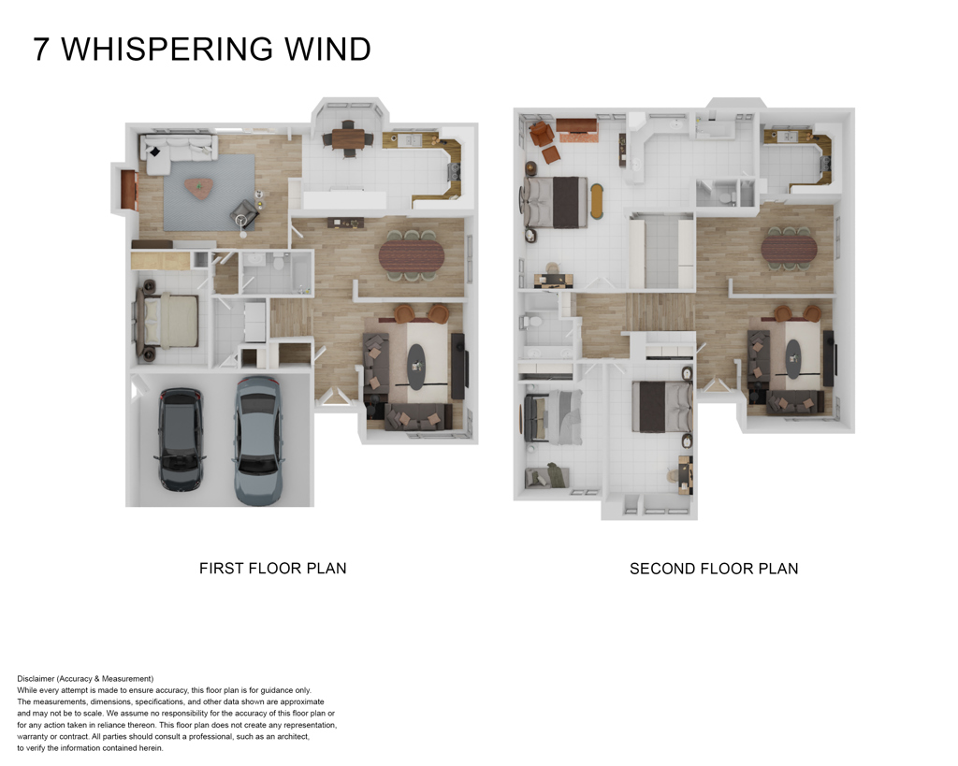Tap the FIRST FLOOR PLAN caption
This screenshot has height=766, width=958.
(272, 568)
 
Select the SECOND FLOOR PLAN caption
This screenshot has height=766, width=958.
(714, 568)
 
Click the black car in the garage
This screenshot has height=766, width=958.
(181, 439)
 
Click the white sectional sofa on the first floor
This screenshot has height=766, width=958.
(173, 150)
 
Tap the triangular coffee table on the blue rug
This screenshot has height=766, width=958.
(198, 187)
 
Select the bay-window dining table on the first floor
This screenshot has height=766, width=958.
(347, 139)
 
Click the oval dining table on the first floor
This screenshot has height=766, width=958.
(413, 253)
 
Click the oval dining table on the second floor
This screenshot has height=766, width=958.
(789, 249)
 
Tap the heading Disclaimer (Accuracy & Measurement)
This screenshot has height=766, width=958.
(85, 678)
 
